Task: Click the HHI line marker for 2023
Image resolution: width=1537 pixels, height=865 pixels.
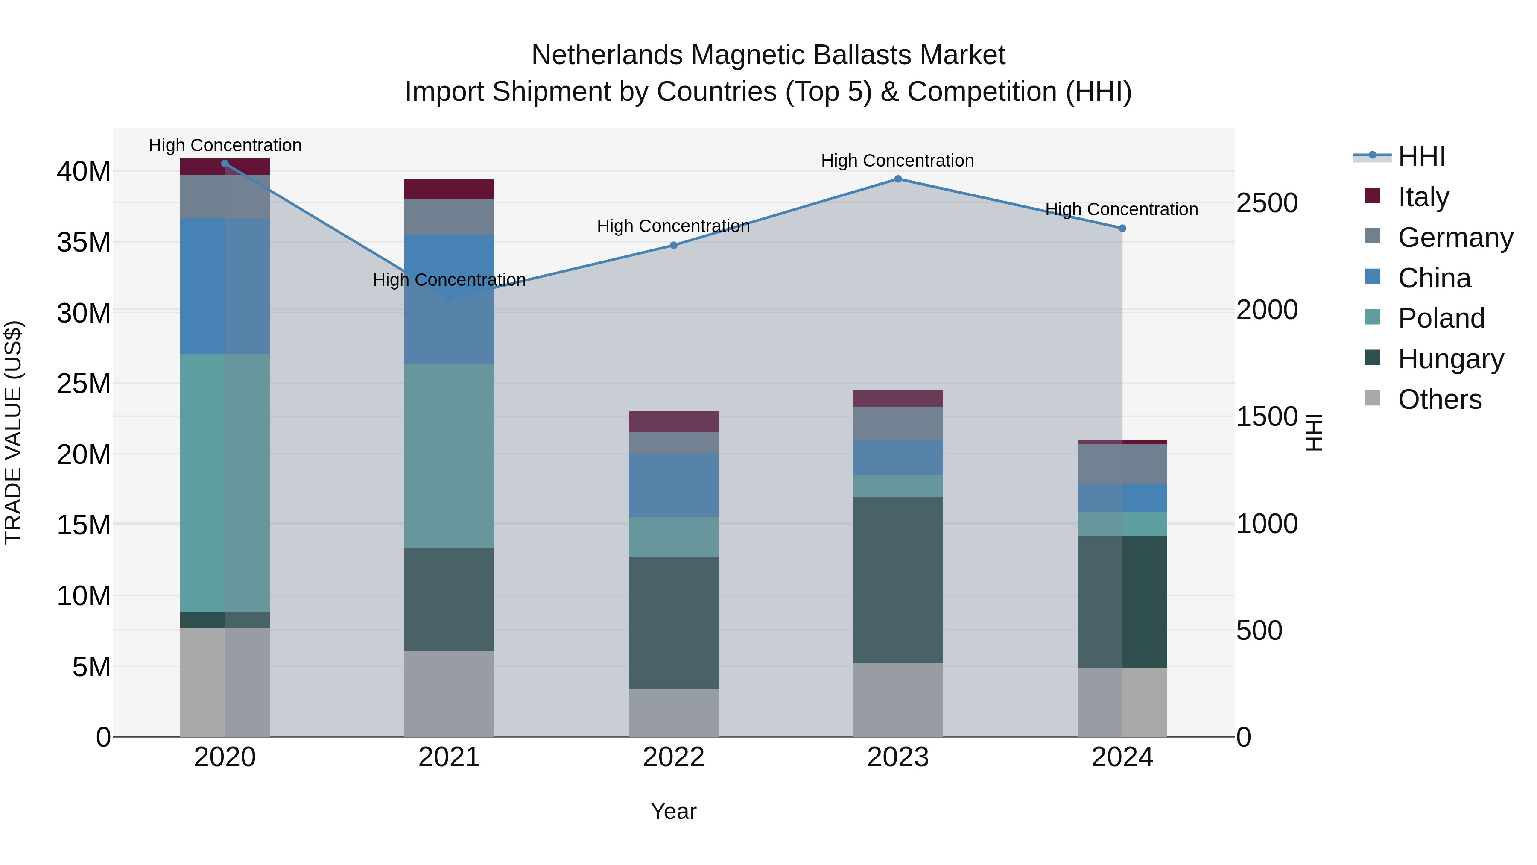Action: point(897,179)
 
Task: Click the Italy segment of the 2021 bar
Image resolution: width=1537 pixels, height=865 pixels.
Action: point(449,189)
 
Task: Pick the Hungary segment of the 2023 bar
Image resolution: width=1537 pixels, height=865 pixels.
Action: point(897,580)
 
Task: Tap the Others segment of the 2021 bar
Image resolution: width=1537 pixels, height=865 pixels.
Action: point(449,693)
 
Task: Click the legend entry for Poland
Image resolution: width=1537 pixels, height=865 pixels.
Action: point(1441,318)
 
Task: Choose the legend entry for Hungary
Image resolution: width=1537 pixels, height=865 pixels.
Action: point(1450,359)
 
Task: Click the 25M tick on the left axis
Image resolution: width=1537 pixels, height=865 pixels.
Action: point(84,383)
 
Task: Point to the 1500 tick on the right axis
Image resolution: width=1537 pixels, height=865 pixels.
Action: point(1266,416)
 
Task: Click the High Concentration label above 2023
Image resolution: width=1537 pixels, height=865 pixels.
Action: point(897,161)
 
